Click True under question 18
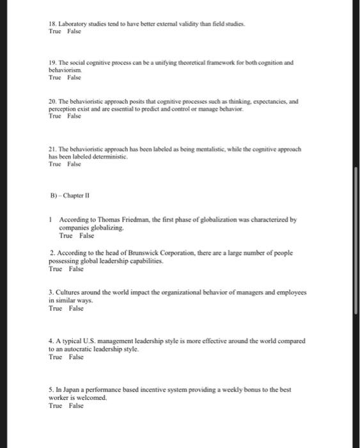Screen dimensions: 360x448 (x=55, y=31)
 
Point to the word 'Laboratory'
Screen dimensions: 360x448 (x=73, y=22)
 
